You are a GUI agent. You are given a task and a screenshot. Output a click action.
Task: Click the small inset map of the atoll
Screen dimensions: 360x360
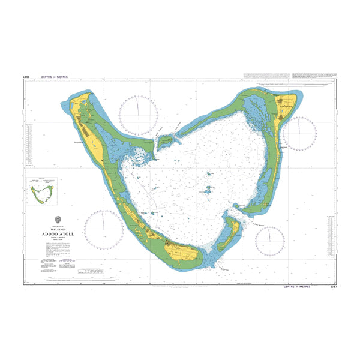point(41,191)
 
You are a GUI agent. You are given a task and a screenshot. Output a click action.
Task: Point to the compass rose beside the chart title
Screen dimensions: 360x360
point(103,230)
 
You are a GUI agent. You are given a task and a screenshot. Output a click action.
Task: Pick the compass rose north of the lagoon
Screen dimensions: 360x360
point(139,115)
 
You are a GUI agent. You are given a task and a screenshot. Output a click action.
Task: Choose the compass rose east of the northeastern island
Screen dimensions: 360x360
point(298,133)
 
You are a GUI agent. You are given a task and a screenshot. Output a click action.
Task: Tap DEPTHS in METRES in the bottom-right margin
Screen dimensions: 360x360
point(298,287)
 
